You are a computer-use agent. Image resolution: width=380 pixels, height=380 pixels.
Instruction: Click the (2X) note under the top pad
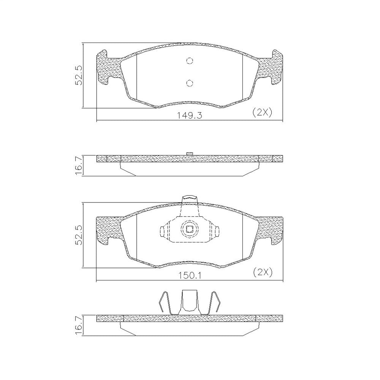click(263, 112)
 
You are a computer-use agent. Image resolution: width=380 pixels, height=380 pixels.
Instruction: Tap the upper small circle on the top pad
click(190, 60)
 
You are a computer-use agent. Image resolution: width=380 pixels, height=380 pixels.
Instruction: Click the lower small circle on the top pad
click(190, 83)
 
